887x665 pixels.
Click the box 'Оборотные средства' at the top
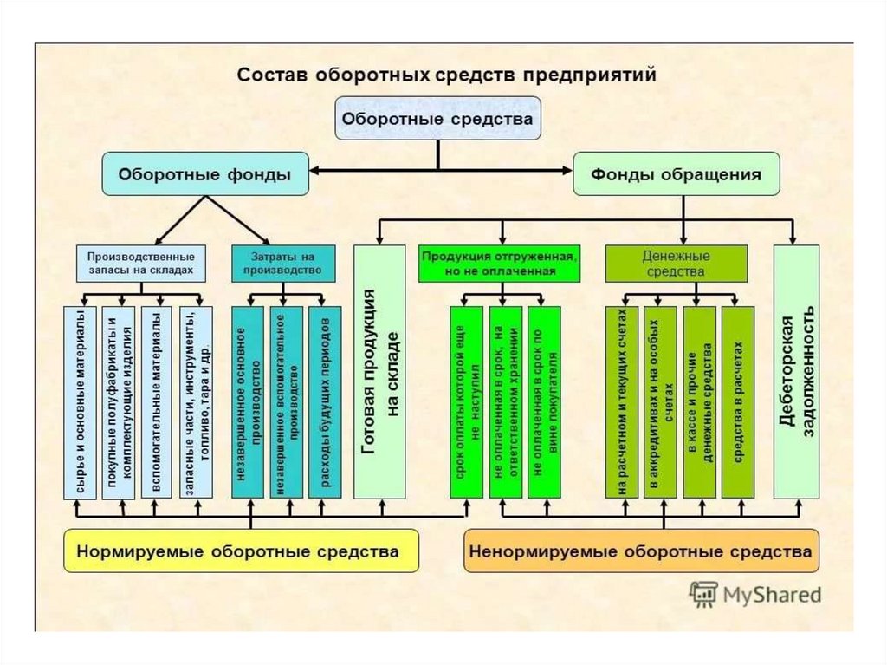point(437,119)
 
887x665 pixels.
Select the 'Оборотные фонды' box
point(204,174)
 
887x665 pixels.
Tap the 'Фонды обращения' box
point(677,174)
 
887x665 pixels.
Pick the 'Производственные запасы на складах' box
point(140,264)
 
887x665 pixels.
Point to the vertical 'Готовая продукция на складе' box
point(379,371)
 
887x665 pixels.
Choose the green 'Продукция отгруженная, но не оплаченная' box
point(500,264)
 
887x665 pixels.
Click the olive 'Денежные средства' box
point(676,264)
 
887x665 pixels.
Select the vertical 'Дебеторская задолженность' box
point(796,371)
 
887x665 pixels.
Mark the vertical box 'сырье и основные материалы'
point(79,402)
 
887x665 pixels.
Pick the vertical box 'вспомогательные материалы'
point(156,402)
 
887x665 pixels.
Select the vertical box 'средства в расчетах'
point(738,402)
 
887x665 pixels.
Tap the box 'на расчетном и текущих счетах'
point(622,402)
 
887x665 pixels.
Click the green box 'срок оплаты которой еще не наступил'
point(467,402)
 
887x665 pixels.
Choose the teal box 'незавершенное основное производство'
point(249,402)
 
